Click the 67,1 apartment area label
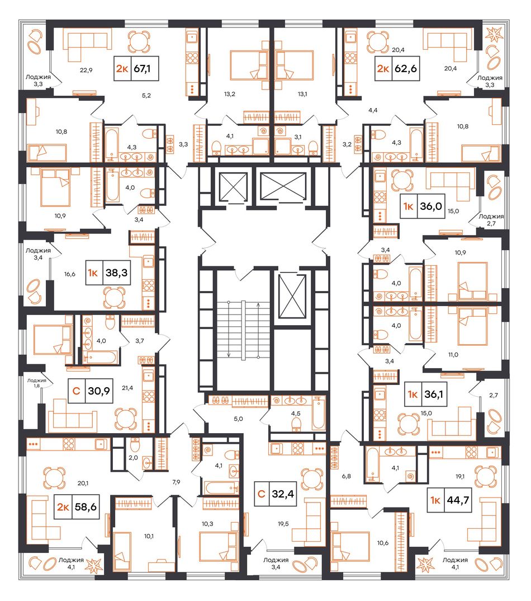pos(142,69)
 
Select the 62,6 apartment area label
pos(405,69)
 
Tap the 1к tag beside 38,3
pos(93,273)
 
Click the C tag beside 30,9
pos(76,391)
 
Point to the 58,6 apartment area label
pos(86,507)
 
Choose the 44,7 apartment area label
pos(458,500)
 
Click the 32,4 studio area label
pos(283,494)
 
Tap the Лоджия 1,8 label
pos(37,383)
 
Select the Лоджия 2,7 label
pos(491,219)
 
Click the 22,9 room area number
pos(86,70)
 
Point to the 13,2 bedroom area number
pos(229,94)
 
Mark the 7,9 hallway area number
pos(176,482)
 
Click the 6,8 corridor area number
pos(347,476)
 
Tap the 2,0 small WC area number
pos(133,457)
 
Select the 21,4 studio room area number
pos(127,388)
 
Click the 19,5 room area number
pos(283,524)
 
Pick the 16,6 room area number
pos(70,274)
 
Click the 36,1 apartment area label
pos(434,393)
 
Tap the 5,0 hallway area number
pos(238,419)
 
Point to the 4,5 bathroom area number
pos(296,414)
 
